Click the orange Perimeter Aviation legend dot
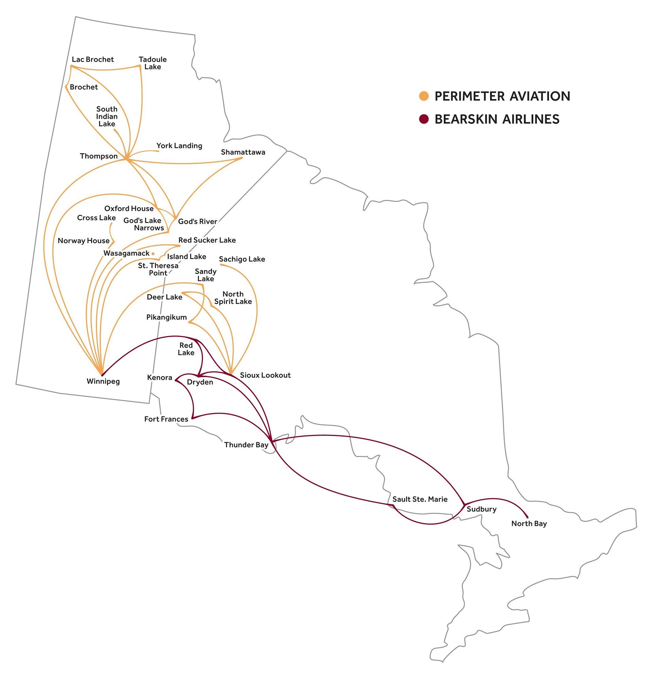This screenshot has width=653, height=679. click(423, 96)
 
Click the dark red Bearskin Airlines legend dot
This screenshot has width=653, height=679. click(423, 119)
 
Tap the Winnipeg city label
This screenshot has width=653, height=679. click(103, 382)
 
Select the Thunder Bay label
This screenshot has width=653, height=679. click(246, 445)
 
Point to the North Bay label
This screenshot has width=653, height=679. click(529, 523)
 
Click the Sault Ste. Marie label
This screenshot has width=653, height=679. click(420, 499)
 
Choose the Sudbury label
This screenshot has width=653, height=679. click(481, 509)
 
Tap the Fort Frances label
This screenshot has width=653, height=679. click(166, 419)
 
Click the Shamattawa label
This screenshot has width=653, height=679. click(243, 152)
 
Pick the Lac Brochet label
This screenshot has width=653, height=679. click(93, 59)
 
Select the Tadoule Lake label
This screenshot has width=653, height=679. click(153, 63)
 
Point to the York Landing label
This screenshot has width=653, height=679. click(179, 146)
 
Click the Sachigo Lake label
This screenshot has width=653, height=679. click(242, 259)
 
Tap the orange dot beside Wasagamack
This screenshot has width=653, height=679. click(153, 254)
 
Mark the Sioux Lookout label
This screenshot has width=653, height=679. click(265, 375)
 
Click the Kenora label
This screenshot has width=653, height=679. click(160, 377)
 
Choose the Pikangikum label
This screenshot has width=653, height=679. click(167, 317)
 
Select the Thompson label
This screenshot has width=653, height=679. click(99, 156)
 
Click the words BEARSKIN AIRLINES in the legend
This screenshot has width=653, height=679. click(497, 119)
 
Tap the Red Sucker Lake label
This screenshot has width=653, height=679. click(207, 240)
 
